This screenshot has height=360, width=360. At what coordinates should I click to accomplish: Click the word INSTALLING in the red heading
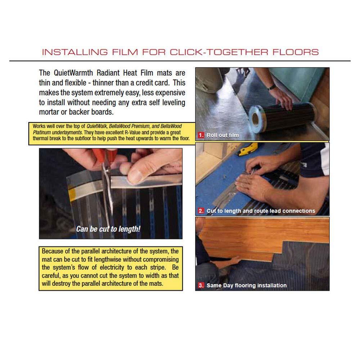click(x=75, y=52)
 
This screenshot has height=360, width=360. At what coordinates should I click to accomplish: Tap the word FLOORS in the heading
click(x=296, y=52)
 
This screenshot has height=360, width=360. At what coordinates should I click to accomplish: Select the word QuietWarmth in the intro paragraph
click(x=73, y=73)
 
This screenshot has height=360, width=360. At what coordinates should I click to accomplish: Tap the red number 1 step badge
click(x=201, y=135)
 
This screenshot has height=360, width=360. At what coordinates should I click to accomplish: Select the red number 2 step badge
click(x=201, y=211)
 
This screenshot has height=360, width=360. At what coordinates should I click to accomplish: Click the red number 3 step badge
click(x=201, y=285)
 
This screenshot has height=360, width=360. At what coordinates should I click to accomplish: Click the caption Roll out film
click(x=222, y=135)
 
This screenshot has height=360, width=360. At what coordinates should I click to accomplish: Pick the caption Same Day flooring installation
click(x=247, y=285)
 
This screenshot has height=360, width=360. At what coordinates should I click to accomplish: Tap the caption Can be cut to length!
click(x=108, y=229)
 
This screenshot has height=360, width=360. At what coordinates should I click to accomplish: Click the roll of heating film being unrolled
click(x=282, y=118)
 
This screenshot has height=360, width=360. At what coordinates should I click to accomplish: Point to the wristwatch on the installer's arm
click(x=272, y=87)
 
